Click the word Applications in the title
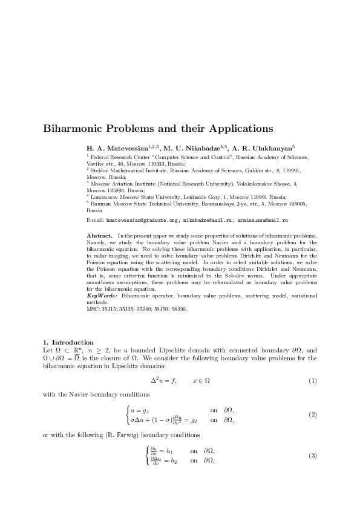[x=241, y=129]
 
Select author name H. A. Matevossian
[x=118, y=148]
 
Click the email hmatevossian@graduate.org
[x=142, y=221]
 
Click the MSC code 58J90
[x=179, y=309]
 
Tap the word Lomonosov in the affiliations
[x=105, y=197]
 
